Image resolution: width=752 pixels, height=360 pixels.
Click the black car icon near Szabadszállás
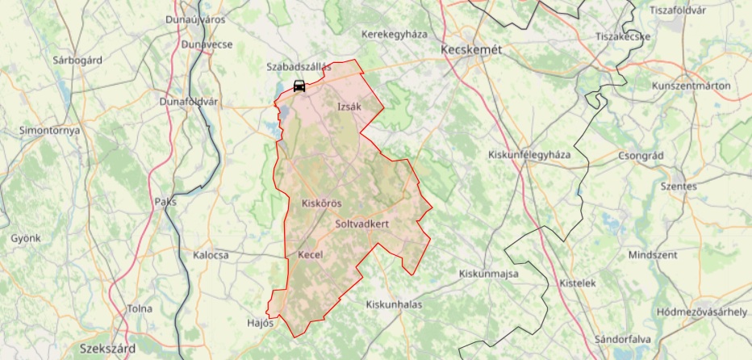[x=299, y=86]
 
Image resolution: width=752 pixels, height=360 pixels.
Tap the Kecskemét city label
[x=472, y=49]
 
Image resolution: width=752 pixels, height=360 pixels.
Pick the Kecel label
[x=311, y=255]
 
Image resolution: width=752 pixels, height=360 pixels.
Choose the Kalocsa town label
[x=211, y=255]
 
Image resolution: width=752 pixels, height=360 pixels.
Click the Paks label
[x=165, y=203]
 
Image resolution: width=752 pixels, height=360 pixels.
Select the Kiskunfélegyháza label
[x=529, y=155]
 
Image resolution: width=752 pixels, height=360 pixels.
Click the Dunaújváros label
[x=195, y=19]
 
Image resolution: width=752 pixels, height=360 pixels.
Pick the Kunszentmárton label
[x=691, y=86]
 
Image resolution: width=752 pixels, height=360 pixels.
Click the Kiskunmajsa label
[x=488, y=274]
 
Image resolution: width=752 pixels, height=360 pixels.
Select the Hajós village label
[x=261, y=322]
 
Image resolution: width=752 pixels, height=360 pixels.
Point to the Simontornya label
[x=51, y=130]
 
